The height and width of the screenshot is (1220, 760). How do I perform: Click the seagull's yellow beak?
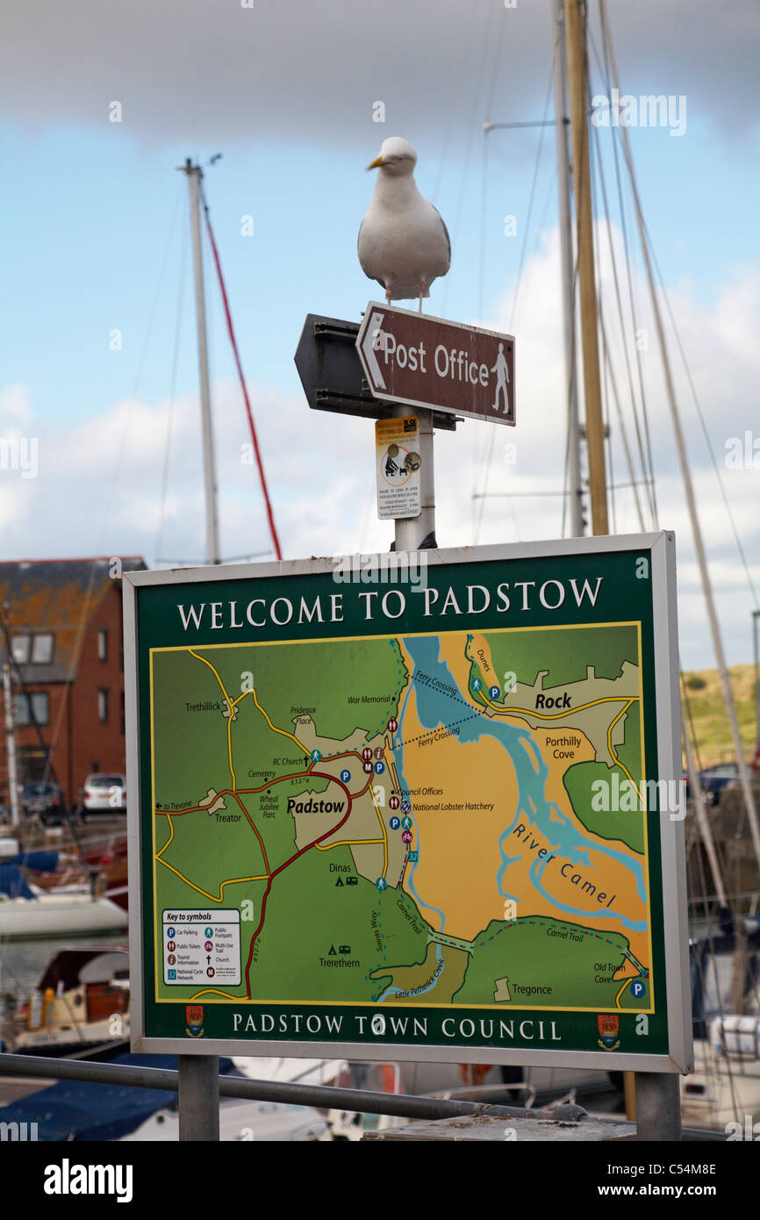tap(376, 162)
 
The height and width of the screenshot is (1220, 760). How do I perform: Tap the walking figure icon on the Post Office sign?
tap(500, 378)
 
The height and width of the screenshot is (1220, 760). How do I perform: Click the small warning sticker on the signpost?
tap(398, 467)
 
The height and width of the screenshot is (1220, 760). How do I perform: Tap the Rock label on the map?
tap(553, 700)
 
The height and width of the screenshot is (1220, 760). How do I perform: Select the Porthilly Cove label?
tap(563, 747)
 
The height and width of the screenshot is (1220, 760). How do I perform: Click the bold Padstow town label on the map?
tap(315, 806)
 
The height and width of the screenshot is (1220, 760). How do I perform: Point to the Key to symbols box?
tap(201, 946)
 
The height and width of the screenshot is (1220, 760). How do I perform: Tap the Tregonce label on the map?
tap(531, 989)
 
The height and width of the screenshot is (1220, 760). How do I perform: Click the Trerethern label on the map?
tap(339, 962)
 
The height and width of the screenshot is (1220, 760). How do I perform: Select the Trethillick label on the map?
tap(203, 706)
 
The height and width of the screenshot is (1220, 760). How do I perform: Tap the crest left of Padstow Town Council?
tap(194, 1023)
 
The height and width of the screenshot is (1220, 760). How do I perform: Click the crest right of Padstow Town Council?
tap(607, 1030)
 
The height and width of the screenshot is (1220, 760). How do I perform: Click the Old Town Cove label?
tap(609, 972)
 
